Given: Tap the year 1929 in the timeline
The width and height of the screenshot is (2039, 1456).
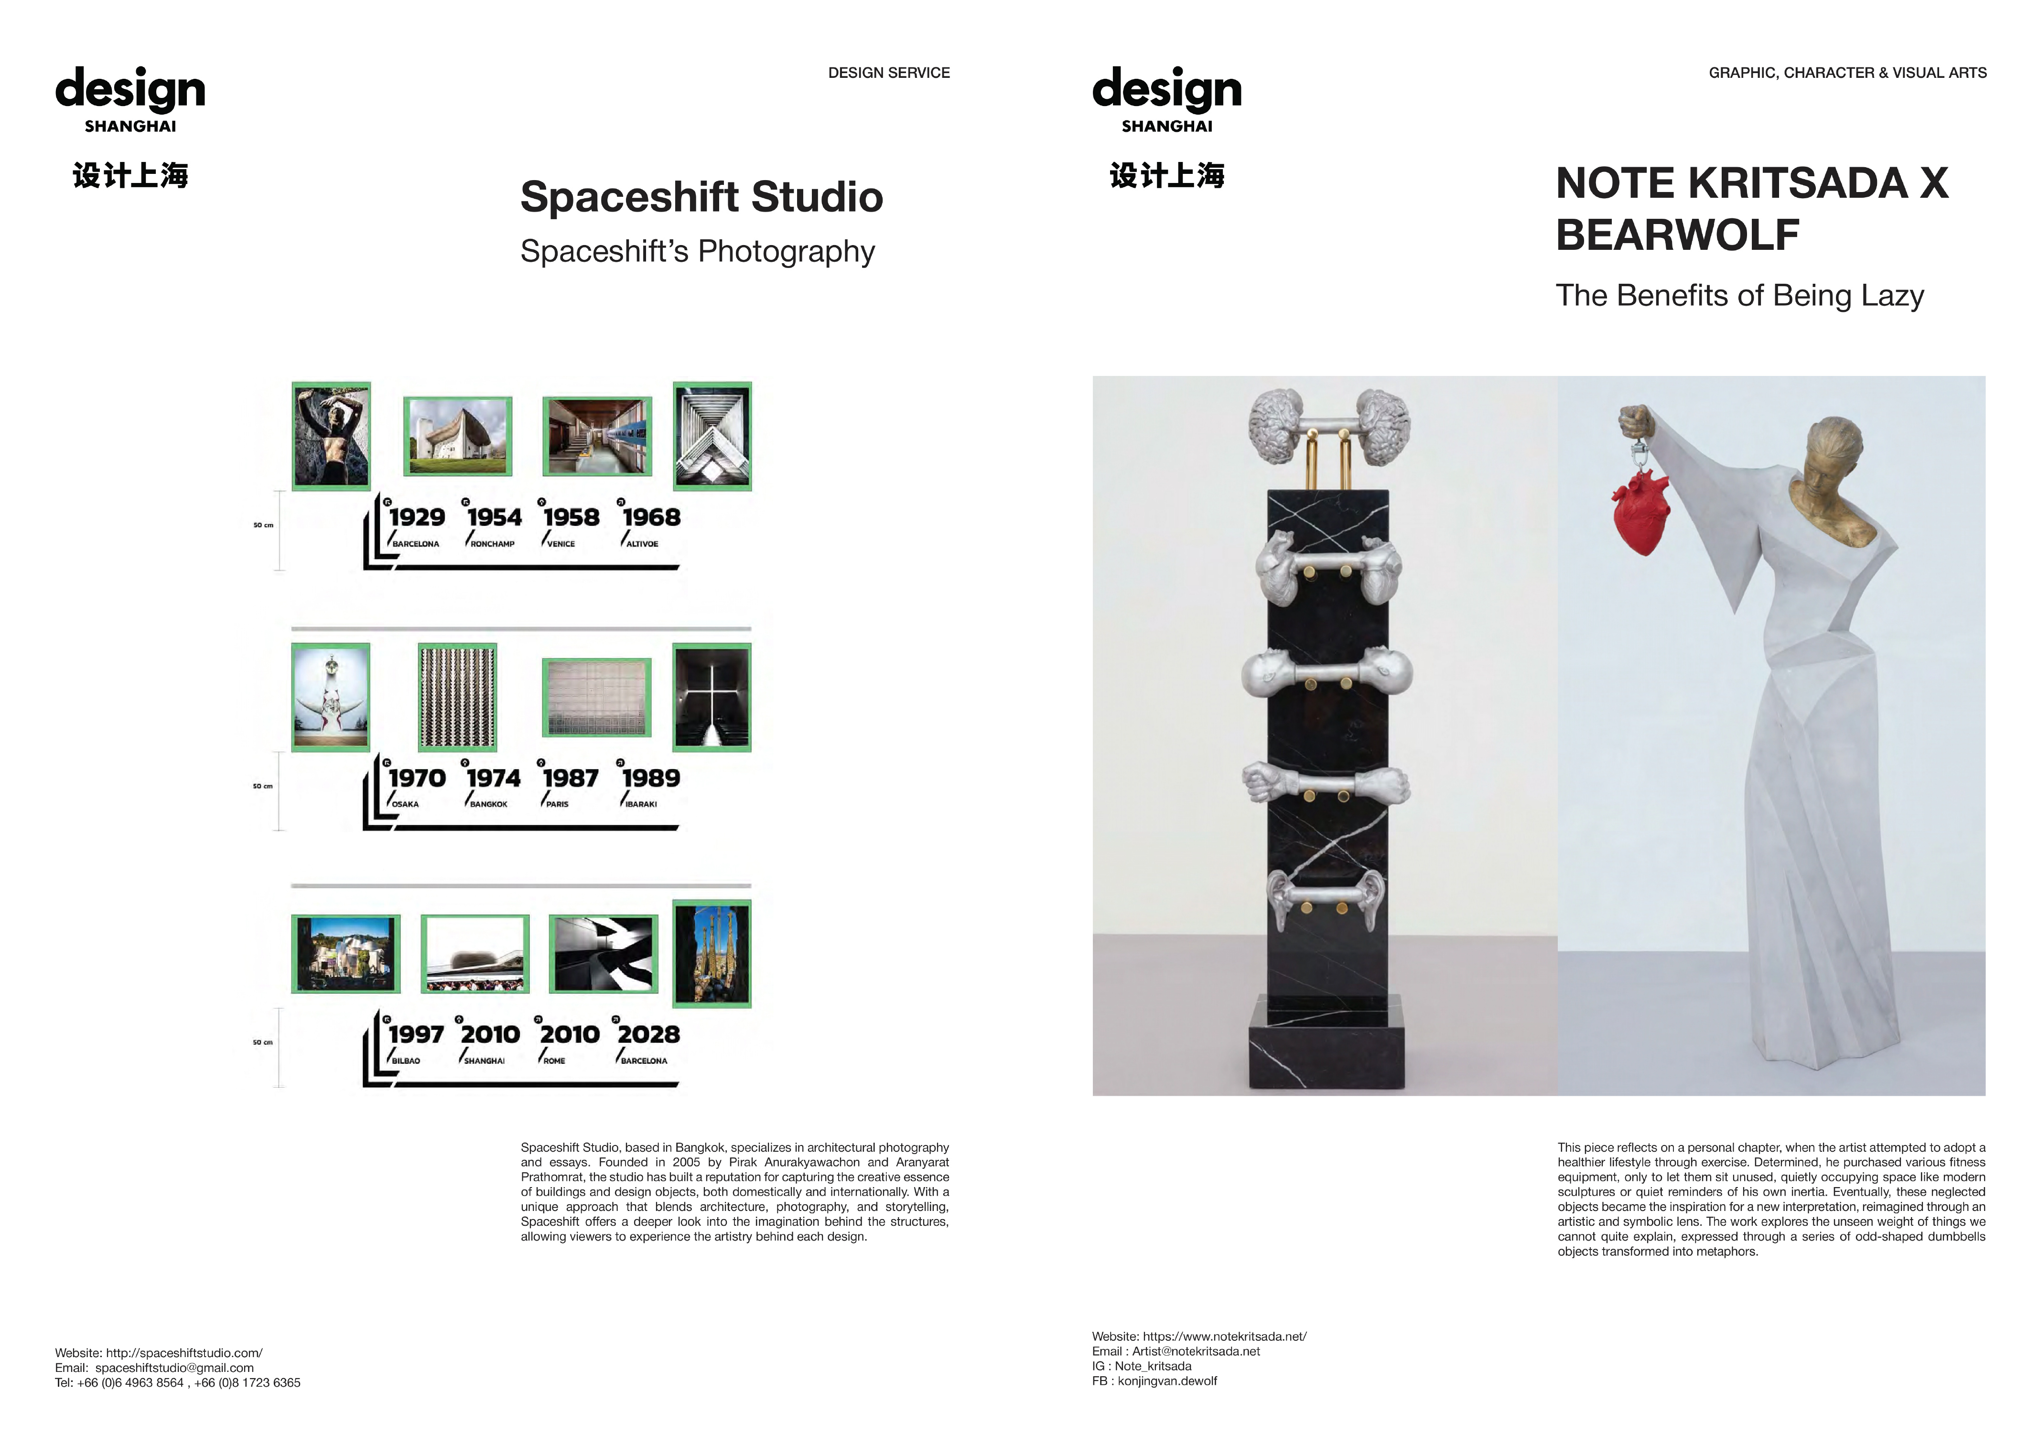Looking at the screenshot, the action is pyautogui.click(x=417, y=517).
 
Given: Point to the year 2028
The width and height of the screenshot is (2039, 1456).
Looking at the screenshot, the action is pyautogui.click(x=648, y=1035).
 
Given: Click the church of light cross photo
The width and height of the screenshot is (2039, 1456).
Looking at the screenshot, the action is pyautogui.click(x=712, y=697).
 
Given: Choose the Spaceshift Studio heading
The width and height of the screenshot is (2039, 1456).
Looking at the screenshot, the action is pyautogui.click(x=701, y=197).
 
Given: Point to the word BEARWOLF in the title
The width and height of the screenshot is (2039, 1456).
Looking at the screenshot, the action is pyautogui.click(x=1678, y=235).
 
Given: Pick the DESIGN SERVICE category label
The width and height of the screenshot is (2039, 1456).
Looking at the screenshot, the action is pyautogui.click(x=889, y=73).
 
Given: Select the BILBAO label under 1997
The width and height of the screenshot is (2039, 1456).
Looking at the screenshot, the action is pyautogui.click(x=406, y=1060).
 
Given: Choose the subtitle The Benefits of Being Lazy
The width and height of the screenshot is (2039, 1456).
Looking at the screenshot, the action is pyautogui.click(x=1739, y=295).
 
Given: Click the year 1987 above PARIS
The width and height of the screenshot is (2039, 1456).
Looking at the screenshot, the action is pyautogui.click(x=570, y=778).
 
